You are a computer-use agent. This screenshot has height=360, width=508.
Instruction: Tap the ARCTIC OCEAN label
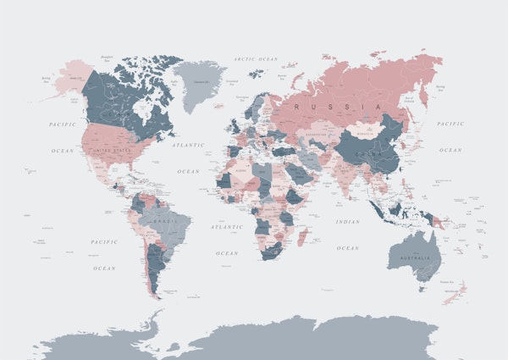[x=256, y=59]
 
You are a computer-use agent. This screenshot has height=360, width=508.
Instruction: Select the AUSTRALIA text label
[x=415, y=258]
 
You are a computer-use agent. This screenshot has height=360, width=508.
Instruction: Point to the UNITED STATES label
[x=113, y=150]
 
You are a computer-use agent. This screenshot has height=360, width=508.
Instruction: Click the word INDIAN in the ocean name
[x=347, y=222]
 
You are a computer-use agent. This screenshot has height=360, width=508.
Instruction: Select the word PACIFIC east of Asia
[x=450, y=124]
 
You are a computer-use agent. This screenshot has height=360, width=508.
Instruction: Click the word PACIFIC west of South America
[x=104, y=241]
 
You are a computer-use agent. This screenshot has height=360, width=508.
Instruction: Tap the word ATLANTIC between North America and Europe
[x=188, y=145]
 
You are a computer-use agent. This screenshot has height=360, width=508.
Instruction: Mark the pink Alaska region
[x=71, y=79]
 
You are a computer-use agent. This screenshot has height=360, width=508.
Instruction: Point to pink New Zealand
[x=456, y=292]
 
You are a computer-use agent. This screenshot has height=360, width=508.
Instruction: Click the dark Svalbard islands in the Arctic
[x=256, y=73]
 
